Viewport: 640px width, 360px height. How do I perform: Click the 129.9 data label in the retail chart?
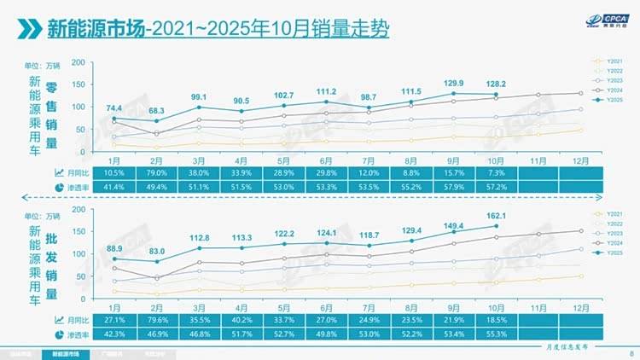(460, 83)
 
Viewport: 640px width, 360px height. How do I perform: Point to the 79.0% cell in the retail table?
(156, 172)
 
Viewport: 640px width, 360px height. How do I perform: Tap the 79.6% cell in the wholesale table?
(156, 320)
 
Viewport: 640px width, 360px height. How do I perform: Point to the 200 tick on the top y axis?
(78, 63)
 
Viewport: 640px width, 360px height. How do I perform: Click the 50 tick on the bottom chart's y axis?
(79, 276)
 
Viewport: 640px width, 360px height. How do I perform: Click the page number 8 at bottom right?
(630, 351)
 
